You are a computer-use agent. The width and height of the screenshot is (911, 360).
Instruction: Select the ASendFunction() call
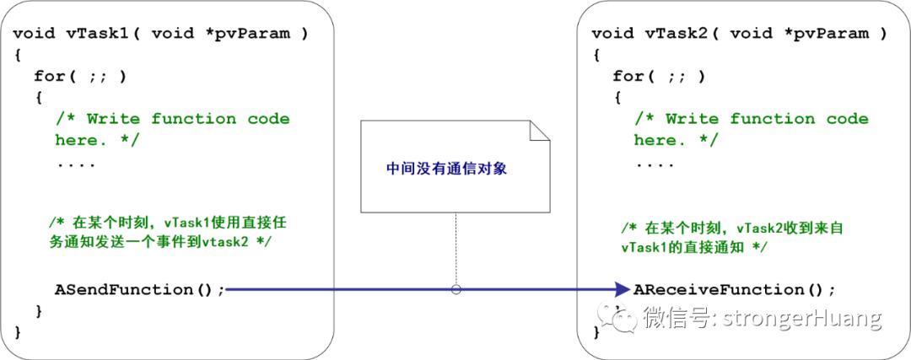pyautogui.click(x=139, y=289)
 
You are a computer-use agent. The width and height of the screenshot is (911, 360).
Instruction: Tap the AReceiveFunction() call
pyautogui.click(x=735, y=289)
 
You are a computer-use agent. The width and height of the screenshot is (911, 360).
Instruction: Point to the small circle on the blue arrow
pyautogui.click(x=456, y=289)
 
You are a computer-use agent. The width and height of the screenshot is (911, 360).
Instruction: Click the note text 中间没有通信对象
pyautogui.click(x=447, y=169)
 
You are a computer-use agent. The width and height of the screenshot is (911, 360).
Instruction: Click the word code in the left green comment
pyautogui.click(x=268, y=119)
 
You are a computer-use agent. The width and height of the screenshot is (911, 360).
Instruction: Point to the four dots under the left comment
pyautogui.click(x=76, y=165)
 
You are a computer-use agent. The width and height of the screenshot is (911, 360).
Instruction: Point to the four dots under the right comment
pyautogui.click(x=655, y=165)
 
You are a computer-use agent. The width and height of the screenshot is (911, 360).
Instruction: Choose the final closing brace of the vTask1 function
pyautogui.click(x=18, y=332)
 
